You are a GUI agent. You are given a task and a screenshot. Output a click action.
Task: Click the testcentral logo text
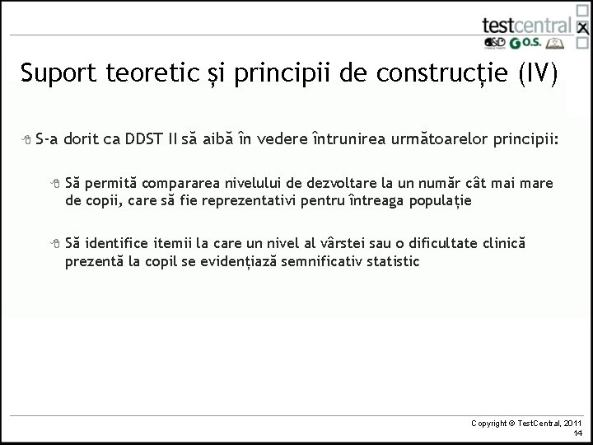(525, 25)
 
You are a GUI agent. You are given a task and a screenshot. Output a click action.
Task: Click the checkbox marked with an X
(582, 28)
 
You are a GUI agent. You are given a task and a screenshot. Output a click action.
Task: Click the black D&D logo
(494, 44)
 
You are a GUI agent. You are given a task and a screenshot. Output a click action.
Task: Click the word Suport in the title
(59, 74)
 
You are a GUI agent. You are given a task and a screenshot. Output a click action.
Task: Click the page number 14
(578, 433)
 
